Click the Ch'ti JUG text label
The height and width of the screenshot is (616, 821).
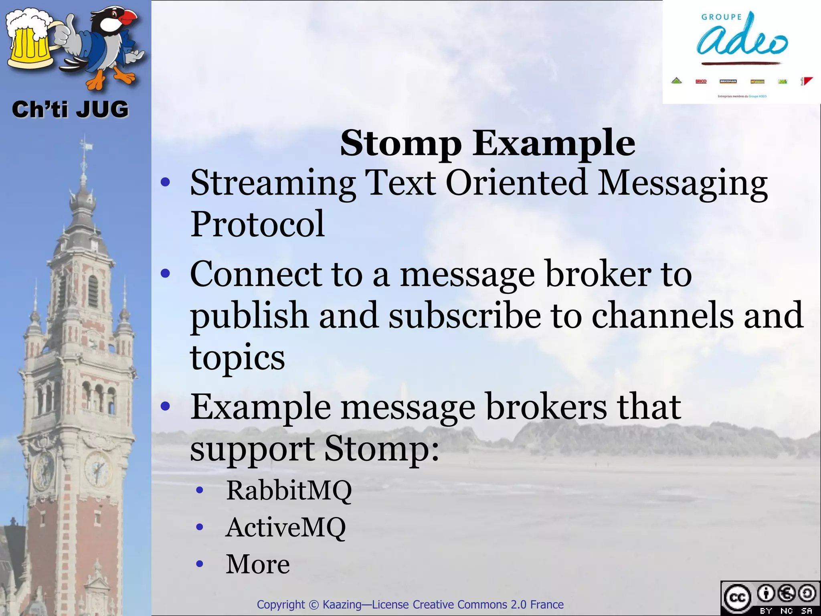pos(70,109)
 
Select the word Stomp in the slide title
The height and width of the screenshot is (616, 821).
pos(400,144)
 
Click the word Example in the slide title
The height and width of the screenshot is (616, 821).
pos(554,144)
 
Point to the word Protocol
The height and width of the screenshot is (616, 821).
pos(257,224)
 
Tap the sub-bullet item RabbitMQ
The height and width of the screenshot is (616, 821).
pos(289,490)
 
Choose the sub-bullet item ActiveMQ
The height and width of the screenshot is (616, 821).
pos(285,527)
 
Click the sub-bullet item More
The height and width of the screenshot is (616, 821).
pos(258,564)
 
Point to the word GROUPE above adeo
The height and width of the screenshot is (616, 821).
pos(722,17)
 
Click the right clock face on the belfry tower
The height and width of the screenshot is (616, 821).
pos(97,468)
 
